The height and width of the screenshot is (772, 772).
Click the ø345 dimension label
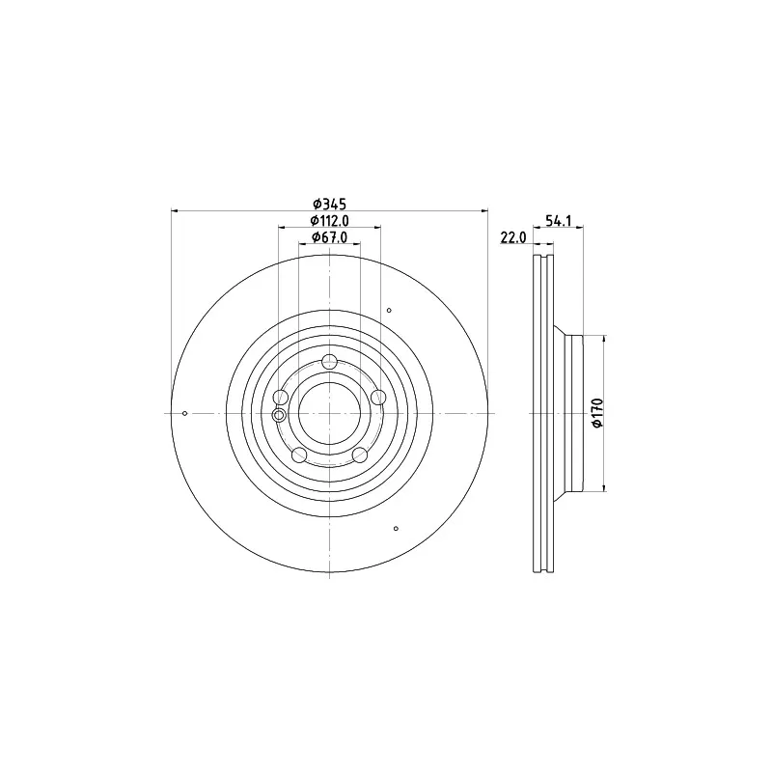(x=330, y=204)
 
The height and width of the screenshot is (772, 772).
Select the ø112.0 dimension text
(x=330, y=221)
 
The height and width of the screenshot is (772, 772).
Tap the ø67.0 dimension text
(x=330, y=237)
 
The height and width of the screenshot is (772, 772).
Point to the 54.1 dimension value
(x=559, y=221)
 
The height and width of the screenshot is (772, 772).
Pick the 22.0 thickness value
(x=513, y=237)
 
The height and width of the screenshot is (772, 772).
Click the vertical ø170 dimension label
(x=597, y=413)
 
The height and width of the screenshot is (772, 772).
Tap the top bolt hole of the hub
(x=329, y=362)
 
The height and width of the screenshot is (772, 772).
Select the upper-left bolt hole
(x=281, y=397)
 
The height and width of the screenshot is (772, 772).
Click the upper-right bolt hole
(x=378, y=397)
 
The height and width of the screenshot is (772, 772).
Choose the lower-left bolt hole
(x=299, y=455)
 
